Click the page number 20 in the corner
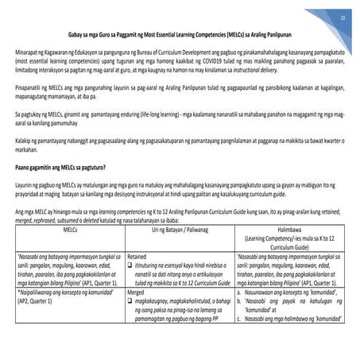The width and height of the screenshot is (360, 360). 342,17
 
